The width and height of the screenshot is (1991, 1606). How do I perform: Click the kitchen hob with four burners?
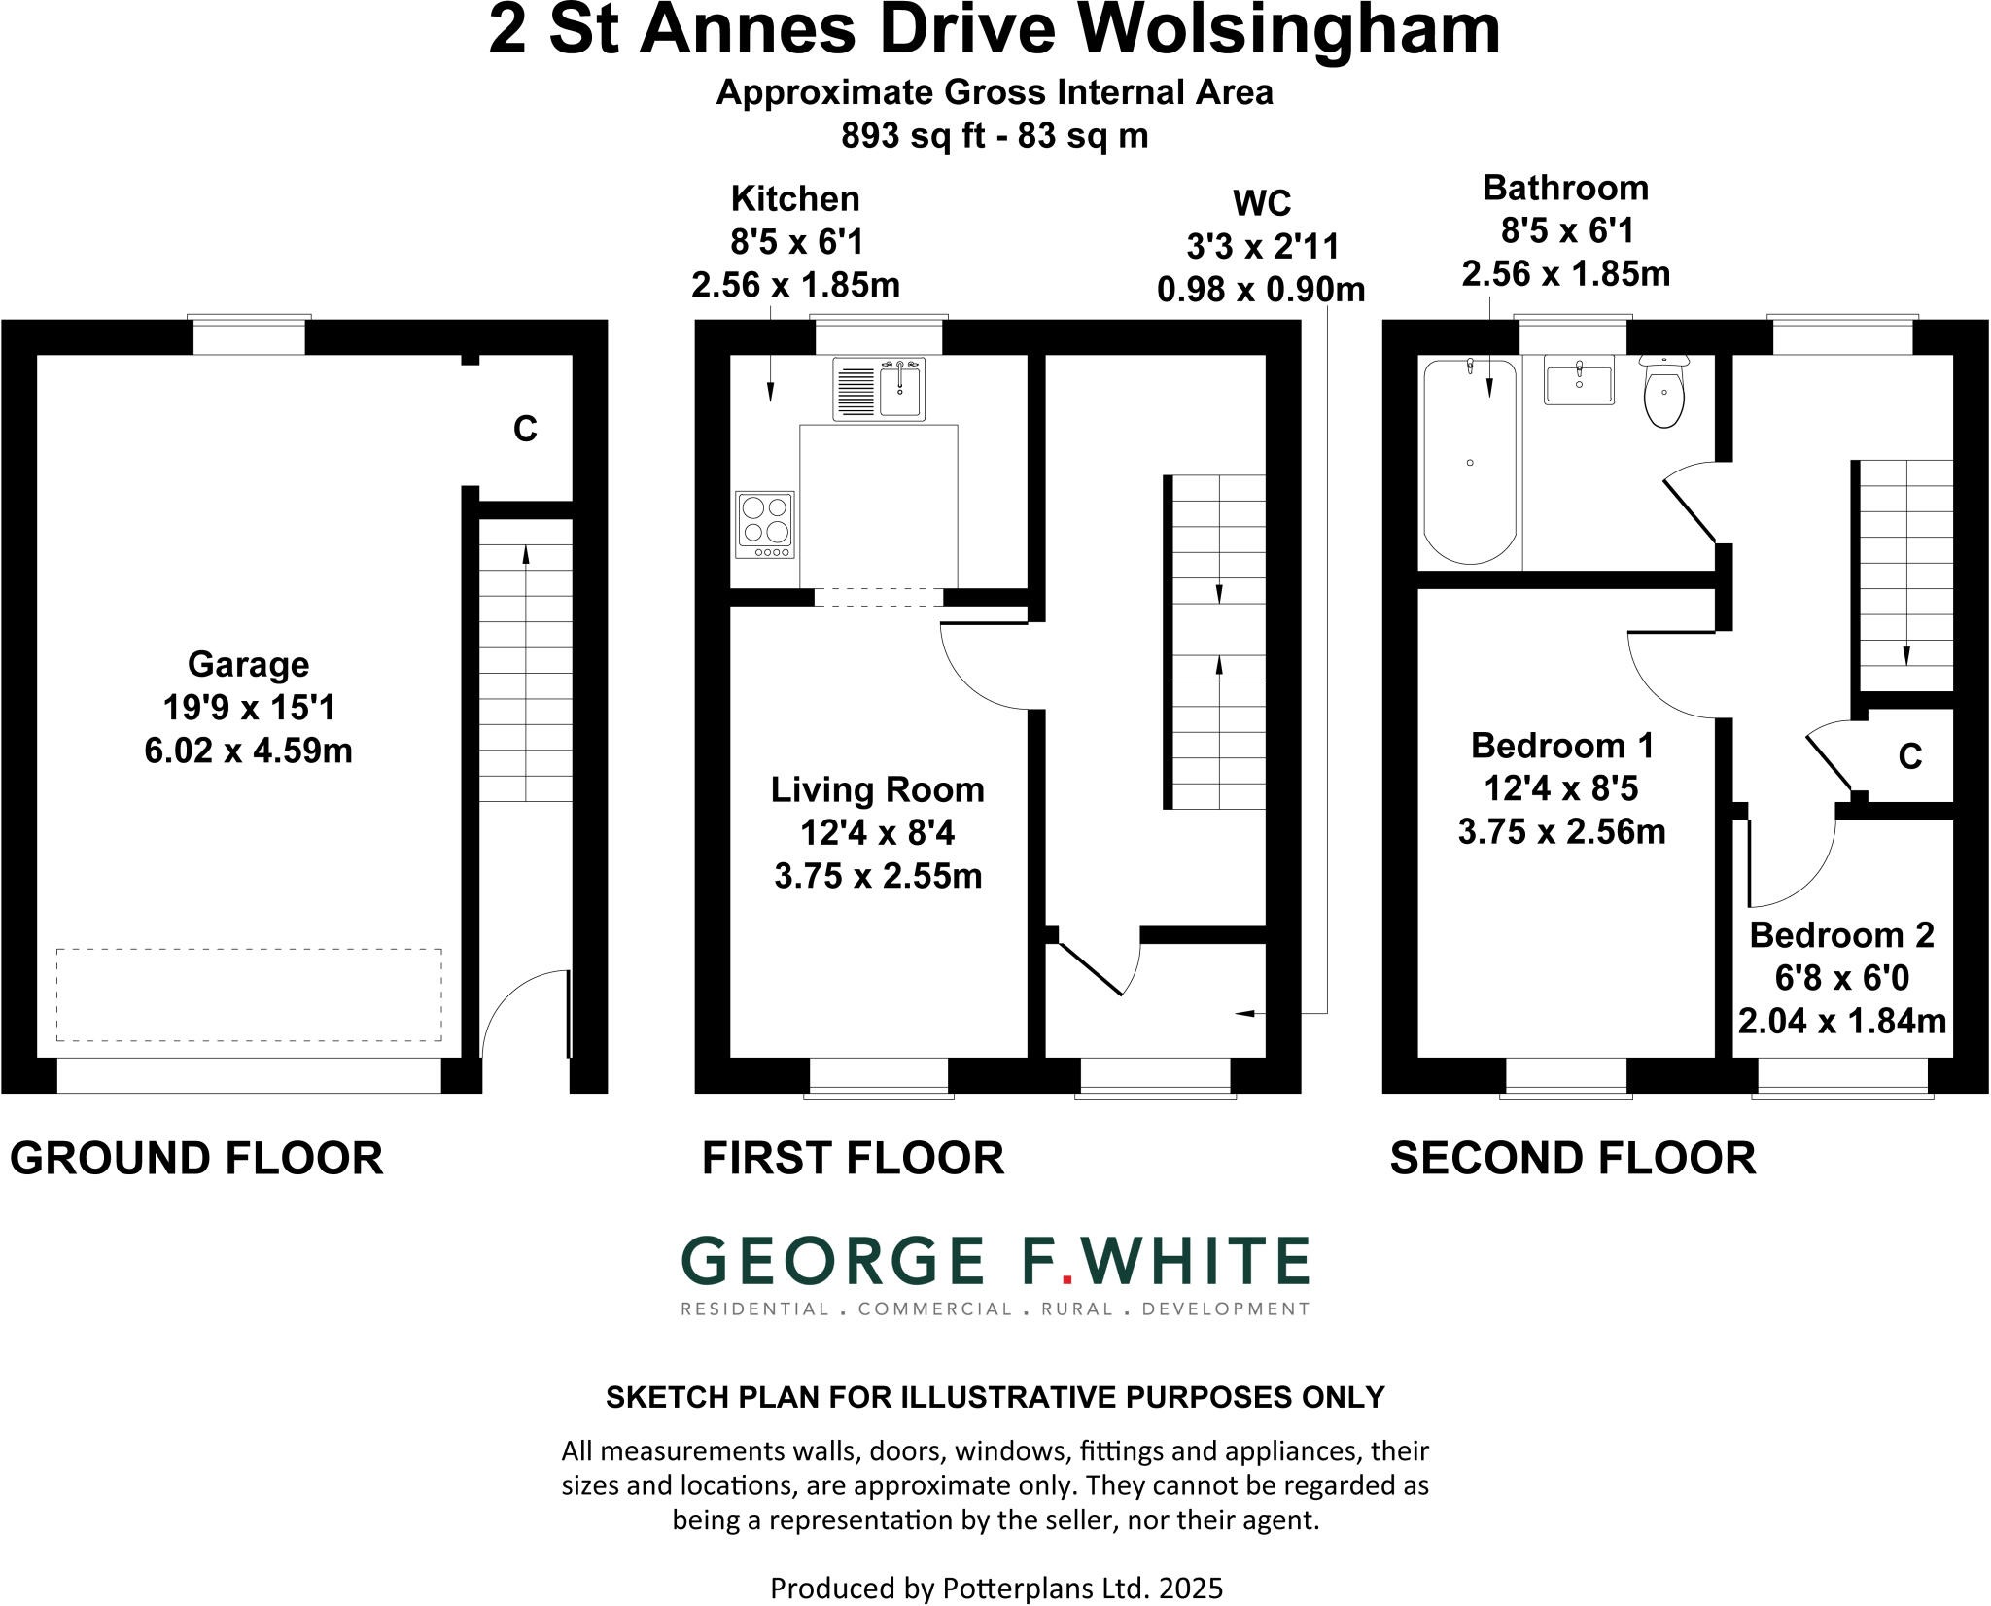pos(765,525)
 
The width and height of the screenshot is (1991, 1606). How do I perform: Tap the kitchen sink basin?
pos(901,390)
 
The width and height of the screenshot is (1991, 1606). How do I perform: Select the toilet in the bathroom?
pos(1665,394)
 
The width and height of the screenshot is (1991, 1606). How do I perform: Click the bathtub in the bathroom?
pos(1469,461)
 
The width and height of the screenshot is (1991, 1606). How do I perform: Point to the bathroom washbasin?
pos(1578,379)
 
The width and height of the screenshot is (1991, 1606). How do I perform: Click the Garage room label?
pos(248,665)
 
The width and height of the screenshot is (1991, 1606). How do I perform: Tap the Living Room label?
pos(877,789)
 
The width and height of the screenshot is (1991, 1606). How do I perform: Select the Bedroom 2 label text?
pos(1841,935)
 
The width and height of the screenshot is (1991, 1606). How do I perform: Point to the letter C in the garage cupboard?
pos(525,429)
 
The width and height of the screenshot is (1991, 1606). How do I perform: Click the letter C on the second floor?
pos(1909,756)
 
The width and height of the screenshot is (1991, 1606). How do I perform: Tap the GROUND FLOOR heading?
pos(196,1159)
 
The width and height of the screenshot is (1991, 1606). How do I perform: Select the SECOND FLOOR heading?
pos(1572,1159)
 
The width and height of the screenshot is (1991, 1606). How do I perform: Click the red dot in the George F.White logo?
pos(1066,1280)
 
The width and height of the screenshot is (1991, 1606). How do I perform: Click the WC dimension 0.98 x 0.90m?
pos(1261,290)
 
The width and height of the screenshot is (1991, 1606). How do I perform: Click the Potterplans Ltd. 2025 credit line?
pos(995,1588)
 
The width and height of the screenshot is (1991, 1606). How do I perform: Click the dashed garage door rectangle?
pos(249,995)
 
